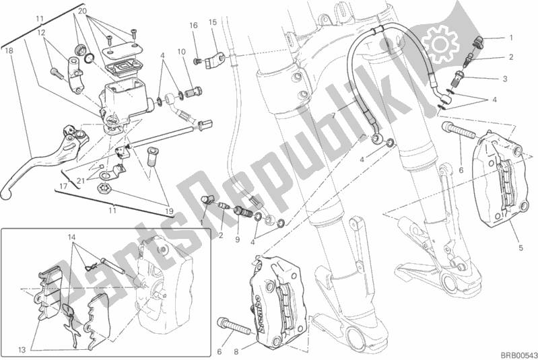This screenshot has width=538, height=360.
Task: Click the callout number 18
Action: [9, 50]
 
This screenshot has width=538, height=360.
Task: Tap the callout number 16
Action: [193, 26]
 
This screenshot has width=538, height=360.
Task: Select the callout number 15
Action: [213, 22]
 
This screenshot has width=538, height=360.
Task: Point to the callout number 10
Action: [182, 52]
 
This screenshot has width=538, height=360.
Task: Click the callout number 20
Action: [82, 11]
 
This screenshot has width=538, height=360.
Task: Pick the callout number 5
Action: [521, 248]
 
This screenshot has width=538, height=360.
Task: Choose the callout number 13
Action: [22, 350]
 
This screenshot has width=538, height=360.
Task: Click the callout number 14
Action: [71, 237]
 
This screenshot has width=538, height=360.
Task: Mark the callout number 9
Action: [238, 240]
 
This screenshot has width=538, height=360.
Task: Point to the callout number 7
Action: [333, 116]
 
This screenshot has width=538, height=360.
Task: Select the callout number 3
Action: [505, 79]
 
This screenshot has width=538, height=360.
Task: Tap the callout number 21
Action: [81, 181]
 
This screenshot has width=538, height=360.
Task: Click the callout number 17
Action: [63, 187]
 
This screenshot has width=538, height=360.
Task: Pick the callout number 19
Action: [169, 211]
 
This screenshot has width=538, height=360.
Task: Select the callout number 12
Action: [41, 33]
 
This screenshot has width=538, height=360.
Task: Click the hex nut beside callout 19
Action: [104, 188]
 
